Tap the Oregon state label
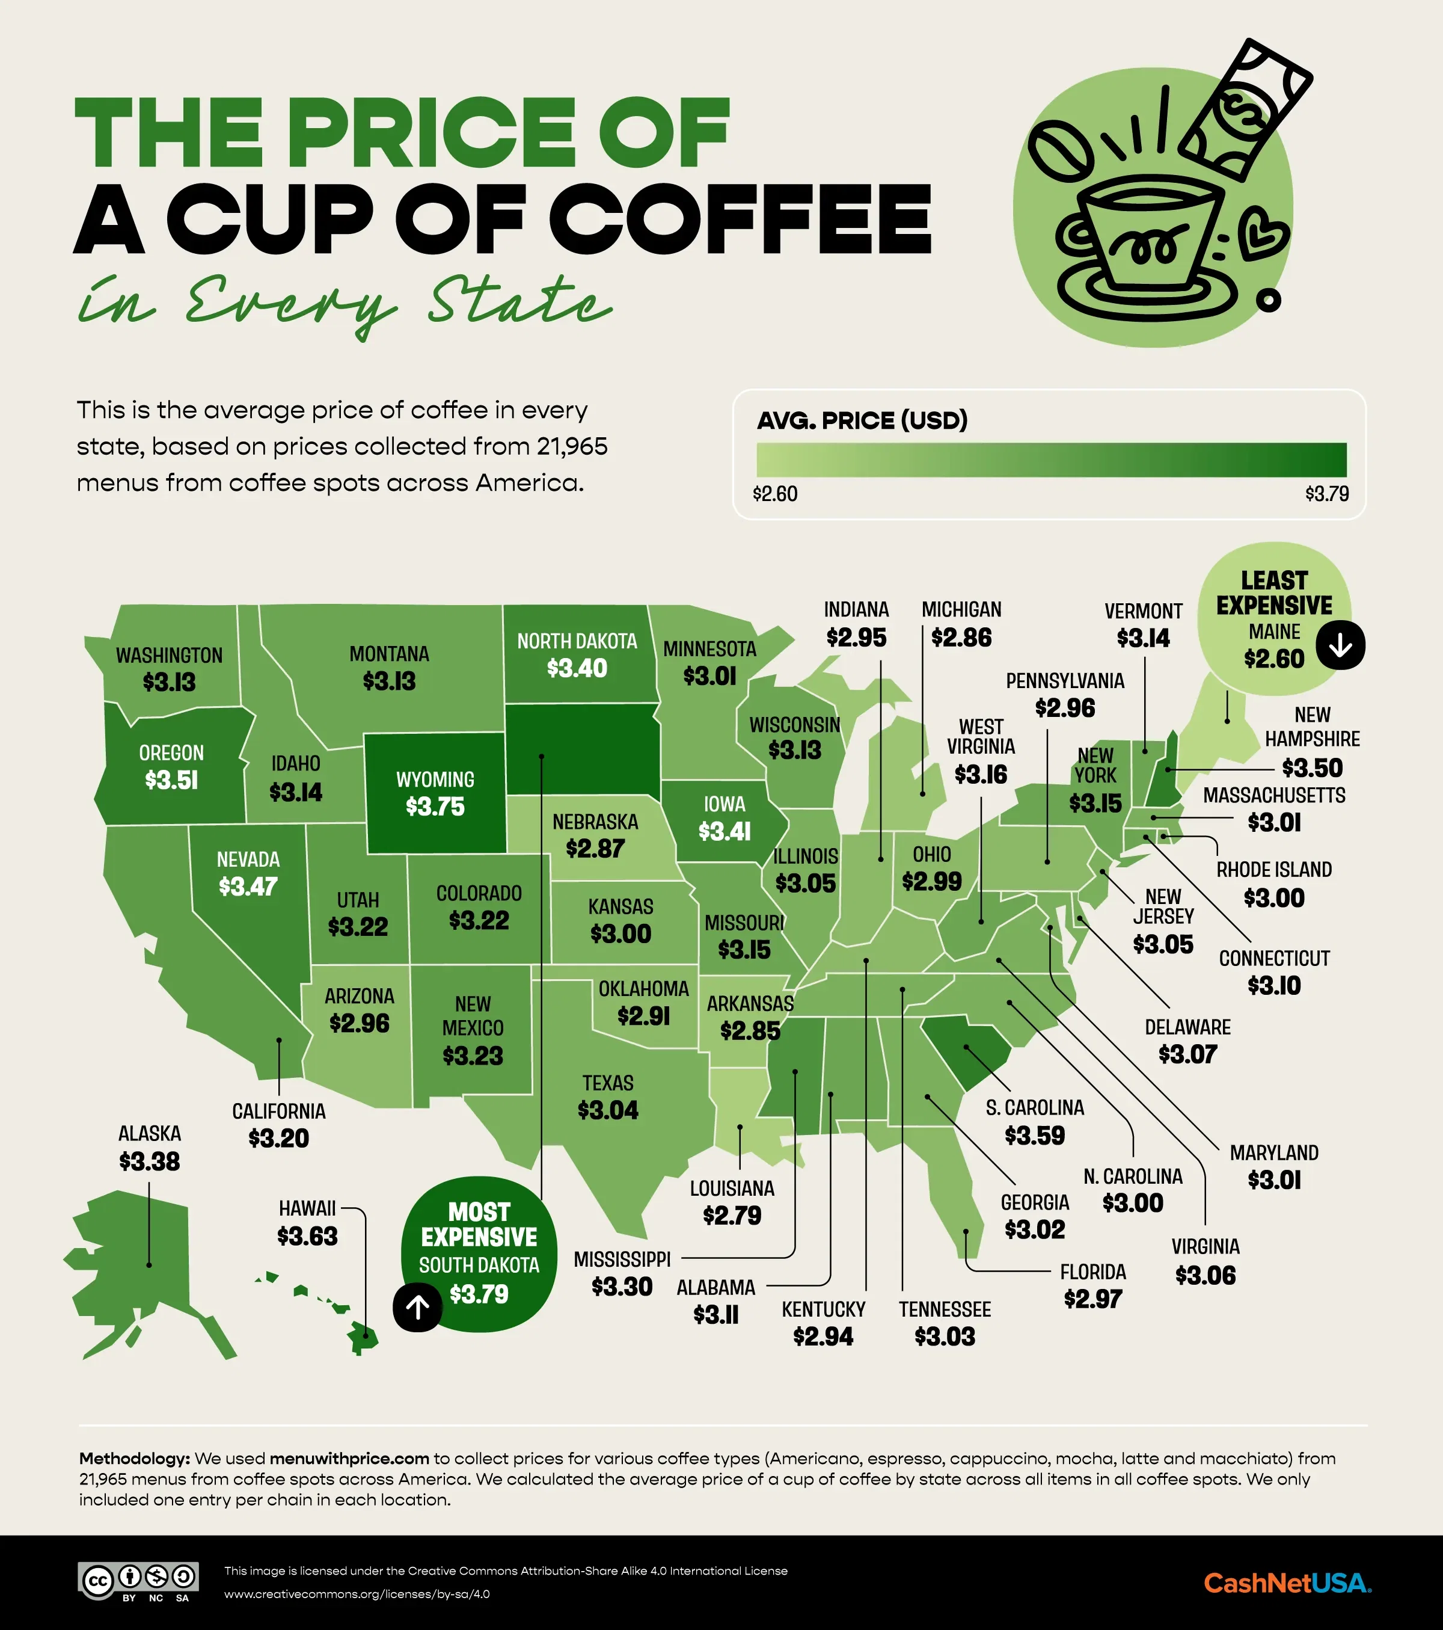coord(171,753)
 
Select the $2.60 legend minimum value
coord(775,494)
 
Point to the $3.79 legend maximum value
coord(1326,494)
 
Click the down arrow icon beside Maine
coord(1340,645)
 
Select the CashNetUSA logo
coord(1287,1582)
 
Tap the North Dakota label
coord(577,641)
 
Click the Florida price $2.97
coord(1092,1298)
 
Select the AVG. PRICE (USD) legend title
coord(862,420)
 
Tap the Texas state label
coord(607,1083)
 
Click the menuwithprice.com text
coord(349,1459)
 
